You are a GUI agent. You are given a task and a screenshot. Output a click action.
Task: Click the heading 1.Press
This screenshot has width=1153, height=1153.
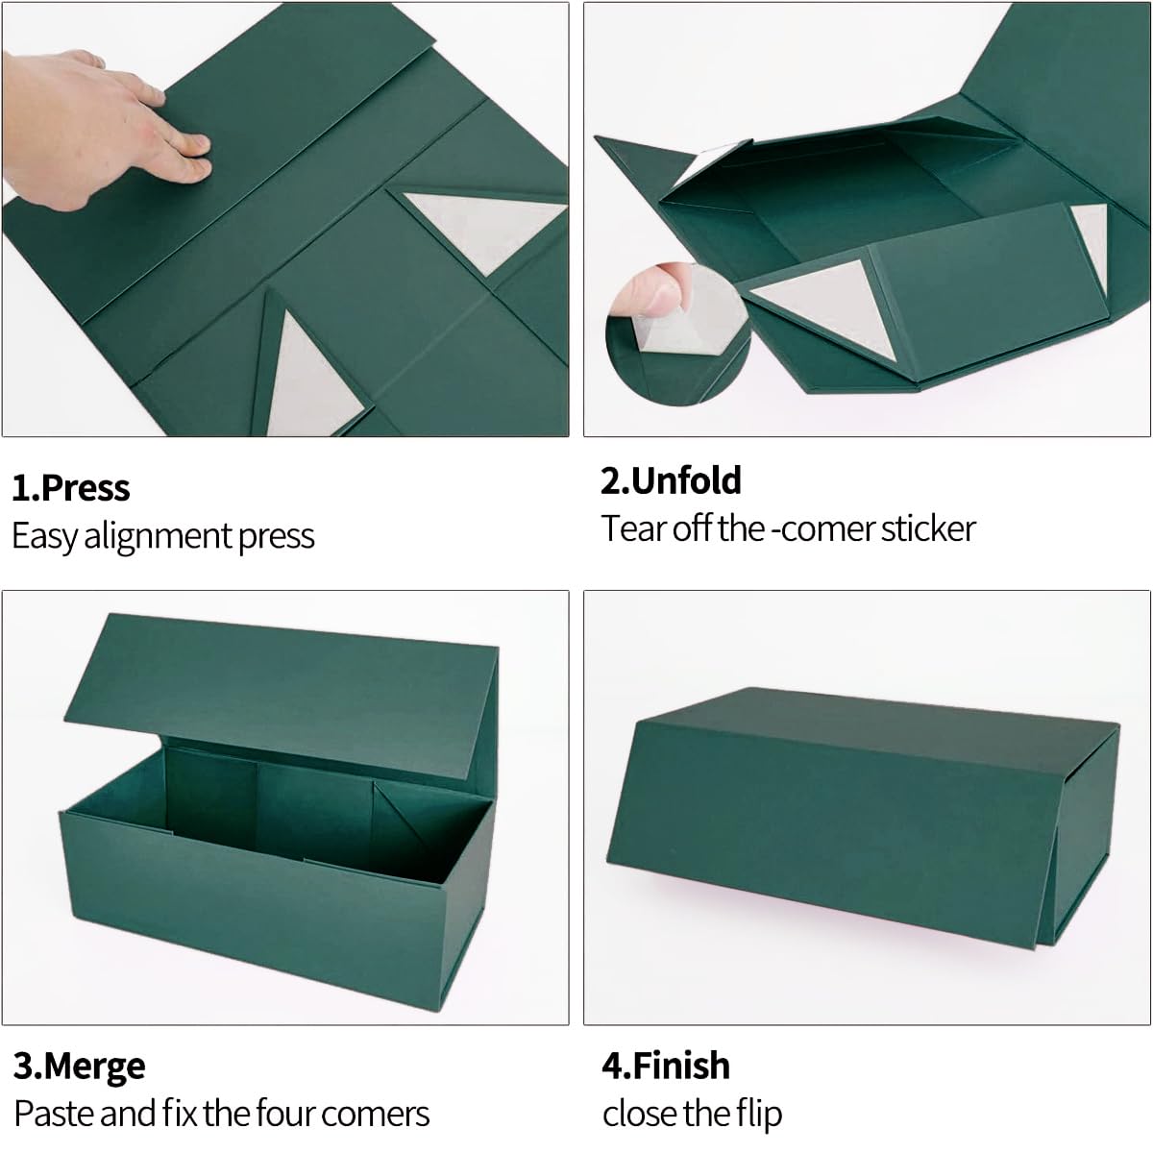click(70, 488)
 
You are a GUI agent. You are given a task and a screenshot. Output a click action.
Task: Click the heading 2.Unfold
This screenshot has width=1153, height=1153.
click(671, 480)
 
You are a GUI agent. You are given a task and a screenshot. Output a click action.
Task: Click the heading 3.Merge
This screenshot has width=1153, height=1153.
click(80, 1066)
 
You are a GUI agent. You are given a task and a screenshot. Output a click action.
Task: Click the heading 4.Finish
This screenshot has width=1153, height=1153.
click(666, 1066)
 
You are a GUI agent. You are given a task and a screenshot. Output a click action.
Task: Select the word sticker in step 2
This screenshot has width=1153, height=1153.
click(928, 528)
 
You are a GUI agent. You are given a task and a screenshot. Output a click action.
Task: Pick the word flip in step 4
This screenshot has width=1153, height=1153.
click(759, 1114)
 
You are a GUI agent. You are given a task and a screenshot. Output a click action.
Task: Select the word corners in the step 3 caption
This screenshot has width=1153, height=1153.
click(376, 1114)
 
